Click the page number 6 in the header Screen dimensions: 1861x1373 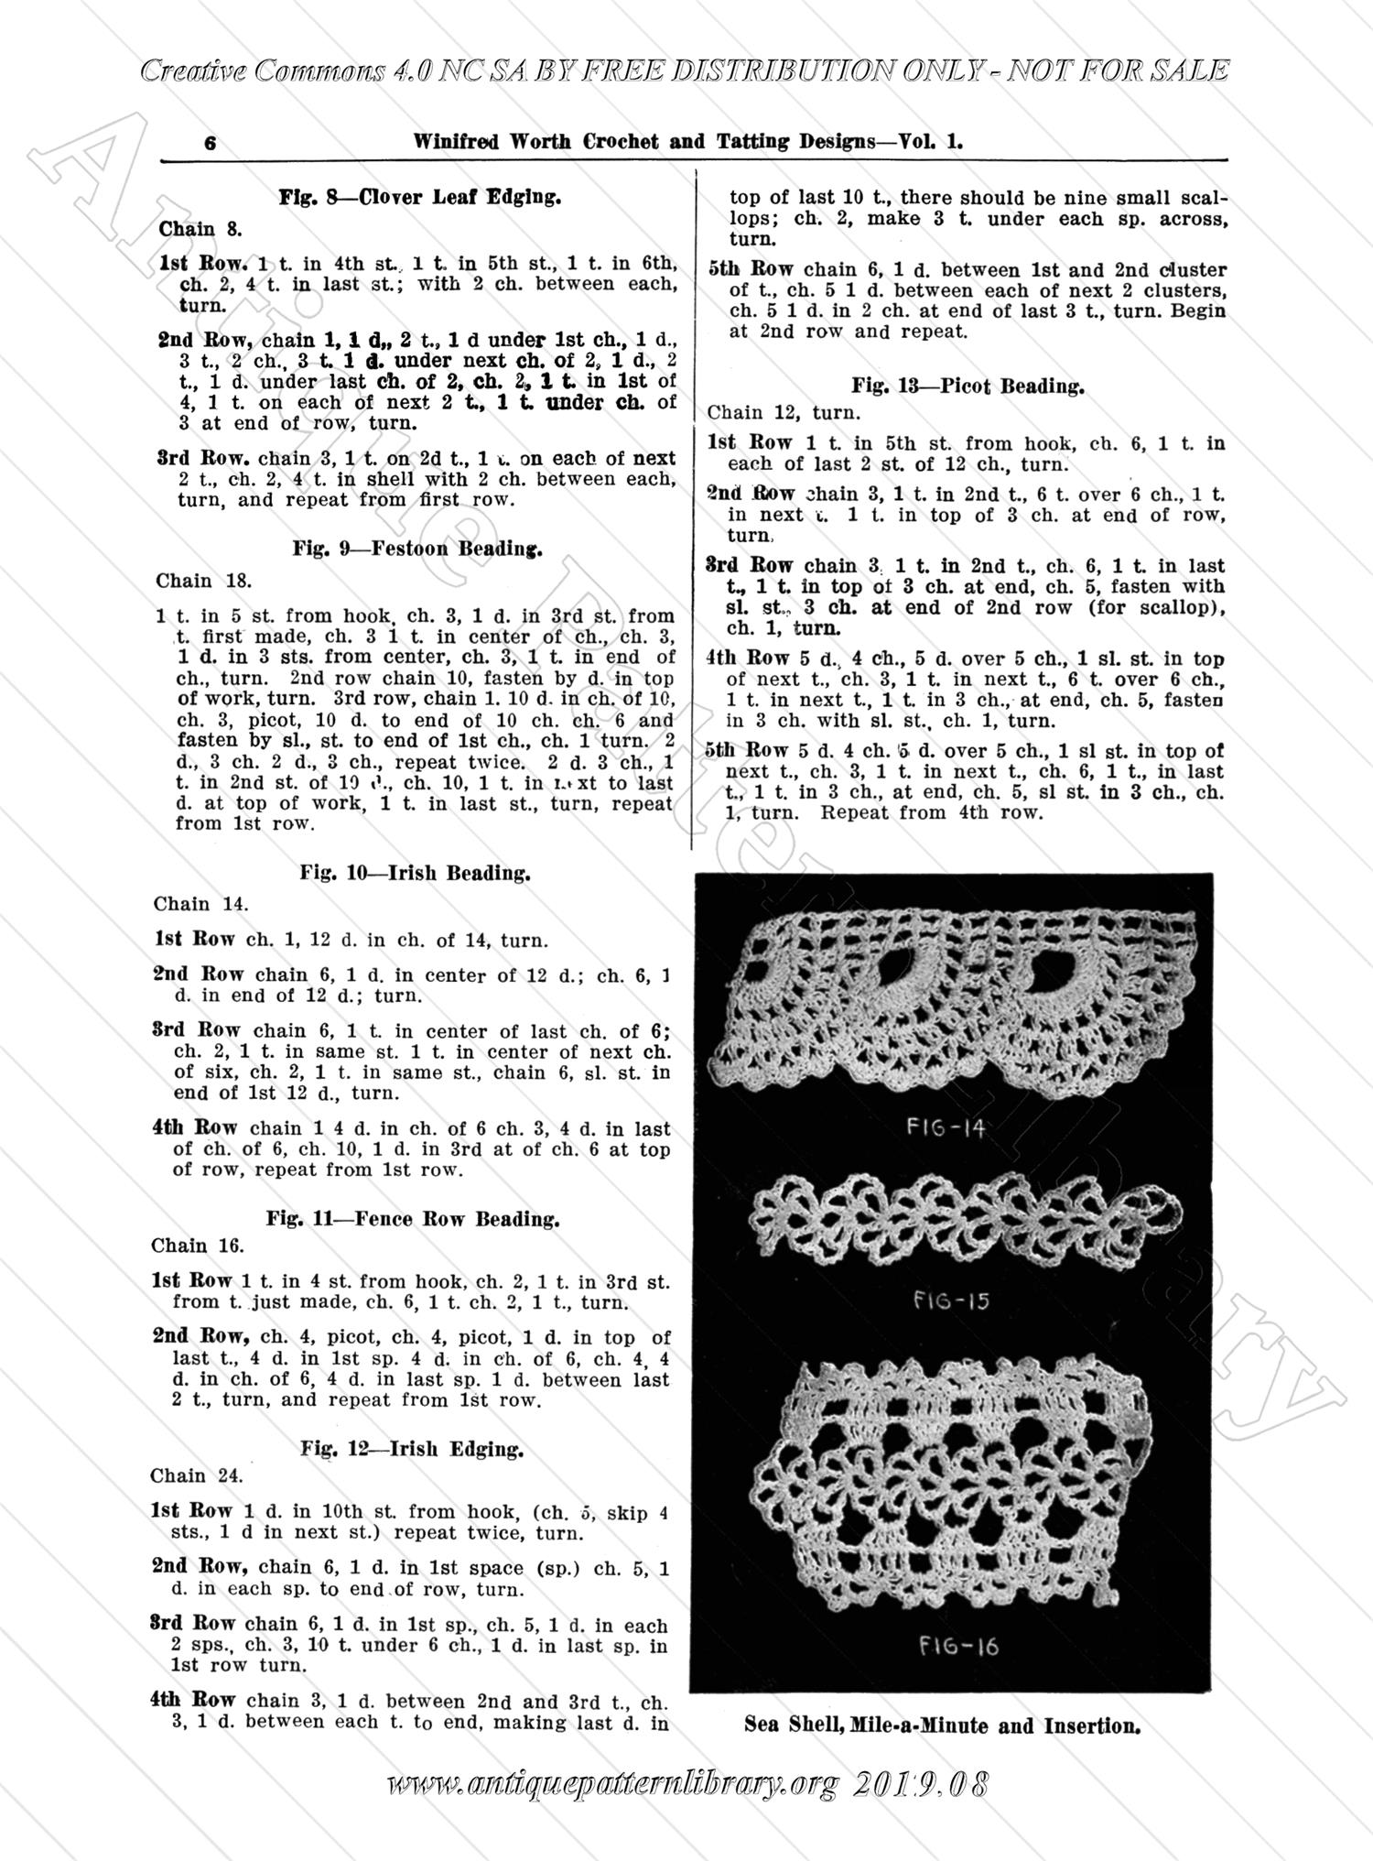tap(211, 144)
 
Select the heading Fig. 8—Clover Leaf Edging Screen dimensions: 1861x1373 tap(420, 196)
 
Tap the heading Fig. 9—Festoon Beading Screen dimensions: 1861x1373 tap(417, 549)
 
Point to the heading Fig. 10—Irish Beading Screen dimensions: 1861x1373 tap(415, 873)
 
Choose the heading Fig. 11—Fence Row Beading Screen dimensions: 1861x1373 tap(413, 1219)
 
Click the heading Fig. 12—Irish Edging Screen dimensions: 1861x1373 tap(412, 1449)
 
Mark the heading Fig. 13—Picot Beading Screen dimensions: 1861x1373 tap(968, 386)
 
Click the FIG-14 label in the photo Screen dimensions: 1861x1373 tap(946, 1127)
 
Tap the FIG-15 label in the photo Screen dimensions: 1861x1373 tap(951, 1300)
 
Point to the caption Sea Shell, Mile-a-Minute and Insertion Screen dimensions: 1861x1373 tap(942, 1726)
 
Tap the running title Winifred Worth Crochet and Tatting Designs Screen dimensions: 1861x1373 tap(686, 142)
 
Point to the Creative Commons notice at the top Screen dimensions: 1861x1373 tap(684, 71)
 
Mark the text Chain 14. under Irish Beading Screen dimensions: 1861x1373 tap(195, 904)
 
